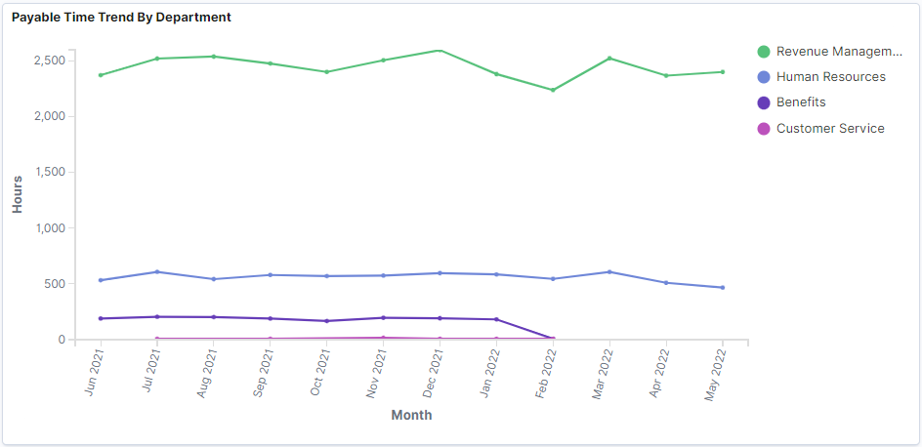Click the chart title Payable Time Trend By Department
tap(121, 18)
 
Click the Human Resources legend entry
tap(830, 77)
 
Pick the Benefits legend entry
tap(800, 102)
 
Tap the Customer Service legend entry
tap(829, 129)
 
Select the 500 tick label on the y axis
tap(55, 284)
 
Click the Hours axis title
tap(18, 194)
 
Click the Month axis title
tap(411, 415)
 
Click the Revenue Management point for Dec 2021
tap(440, 51)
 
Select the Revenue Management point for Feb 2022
tap(553, 90)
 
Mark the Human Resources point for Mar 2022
tap(609, 272)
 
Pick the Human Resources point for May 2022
tap(722, 287)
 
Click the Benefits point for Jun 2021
tap(101, 318)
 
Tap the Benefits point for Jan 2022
tap(496, 319)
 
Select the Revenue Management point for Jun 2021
tap(101, 75)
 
